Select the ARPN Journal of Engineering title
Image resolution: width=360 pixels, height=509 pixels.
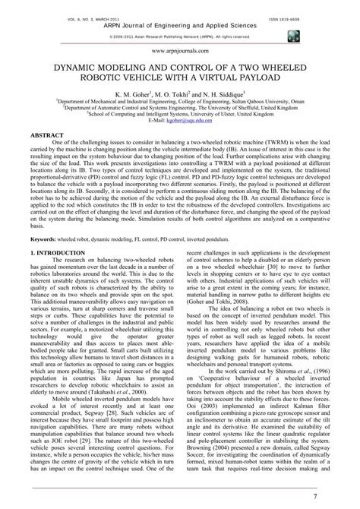pyautogui.click(x=180, y=24)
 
